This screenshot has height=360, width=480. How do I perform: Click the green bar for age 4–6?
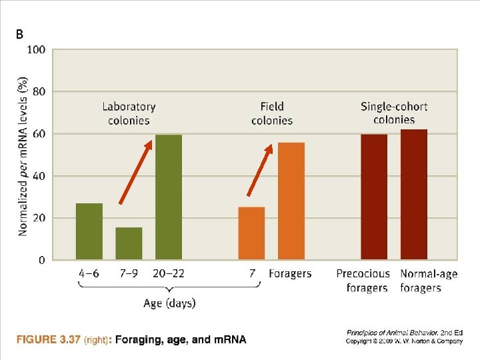[x=89, y=231]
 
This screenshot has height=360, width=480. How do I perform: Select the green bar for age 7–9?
[x=129, y=243]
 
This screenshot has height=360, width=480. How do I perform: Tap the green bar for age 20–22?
[x=169, y=197]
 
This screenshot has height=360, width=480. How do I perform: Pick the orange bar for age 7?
[x=251, y=233]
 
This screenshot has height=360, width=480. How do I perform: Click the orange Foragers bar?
[x=291, y=201]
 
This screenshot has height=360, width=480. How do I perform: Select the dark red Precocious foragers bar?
[x=374, y=197]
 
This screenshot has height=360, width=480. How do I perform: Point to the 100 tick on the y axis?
[x=36, y=50]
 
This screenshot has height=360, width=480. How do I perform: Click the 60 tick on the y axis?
[x=39, y=134]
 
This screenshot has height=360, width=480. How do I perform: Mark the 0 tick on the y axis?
[x=42, y=260]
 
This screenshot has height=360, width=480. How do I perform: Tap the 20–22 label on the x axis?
[x=169, y=274]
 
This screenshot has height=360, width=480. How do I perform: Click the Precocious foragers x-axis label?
[x=363, y=281]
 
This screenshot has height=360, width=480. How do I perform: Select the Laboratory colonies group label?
[x=129, y=113]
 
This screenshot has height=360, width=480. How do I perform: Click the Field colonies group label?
[x=272, y=113]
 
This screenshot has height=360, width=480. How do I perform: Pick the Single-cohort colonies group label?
[x=394, y=113]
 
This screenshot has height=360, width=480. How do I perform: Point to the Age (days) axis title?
[x=169, y=303]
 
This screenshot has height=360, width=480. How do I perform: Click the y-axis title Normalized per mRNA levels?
[x=23, y=155]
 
